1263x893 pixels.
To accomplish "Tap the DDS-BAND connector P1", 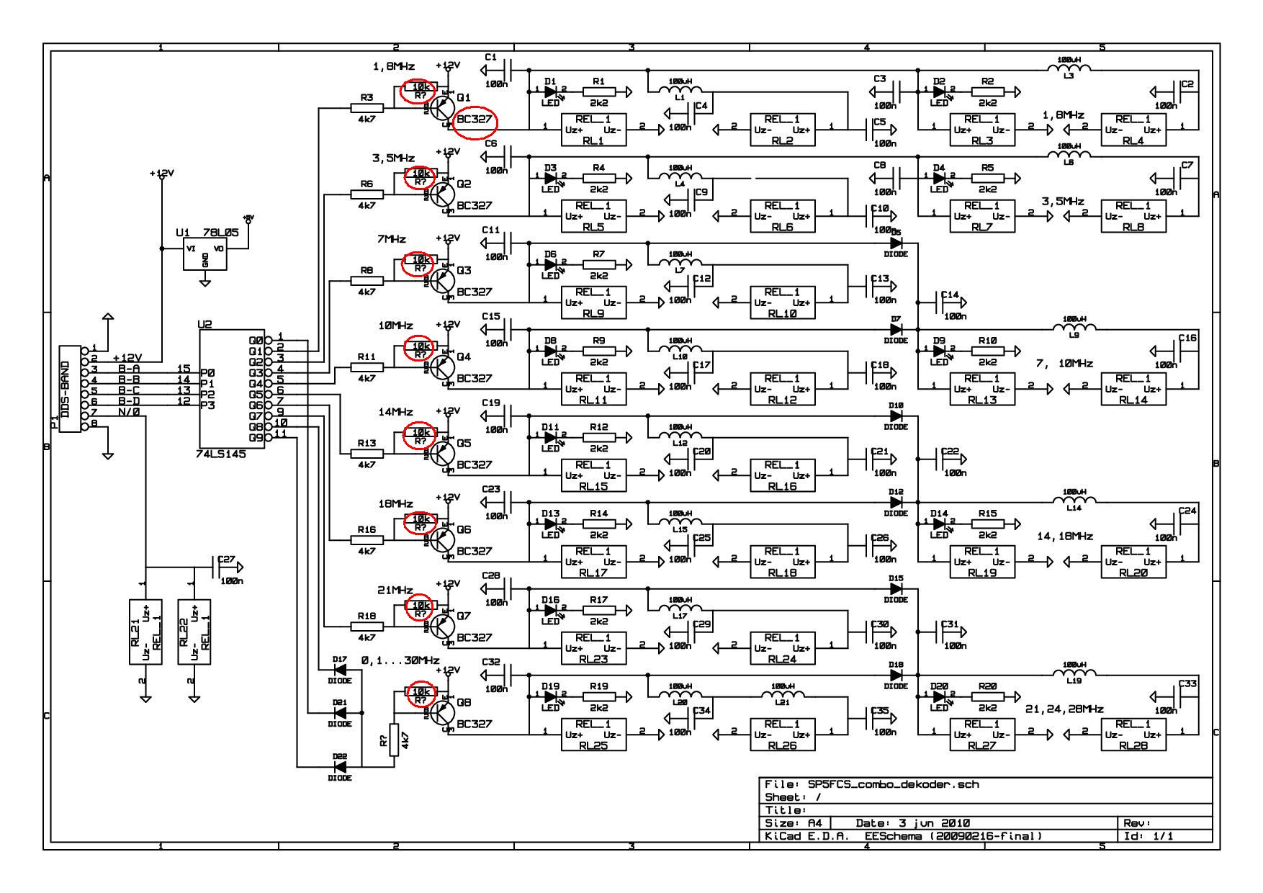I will [x=70, y=389].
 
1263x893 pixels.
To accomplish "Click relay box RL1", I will [x=593, y=130].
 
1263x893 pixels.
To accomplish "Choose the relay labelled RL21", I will [x=145, y=632].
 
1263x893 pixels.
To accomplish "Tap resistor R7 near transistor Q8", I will [x=393, y=740].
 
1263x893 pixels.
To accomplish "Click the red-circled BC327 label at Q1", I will [x=475, y=120].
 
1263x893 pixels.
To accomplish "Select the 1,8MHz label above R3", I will [x=393, y=66].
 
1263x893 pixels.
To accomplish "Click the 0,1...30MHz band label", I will [x=400, y=660].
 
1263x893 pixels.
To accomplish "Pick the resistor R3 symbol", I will [x=367, y=108].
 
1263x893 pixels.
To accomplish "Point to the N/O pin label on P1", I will [x=130, y=413].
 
